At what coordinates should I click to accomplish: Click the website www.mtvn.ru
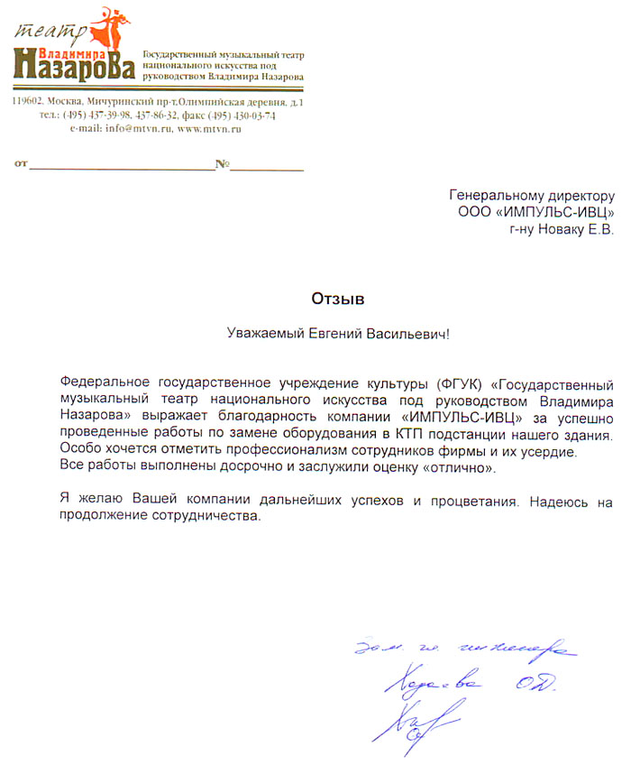point(209,129)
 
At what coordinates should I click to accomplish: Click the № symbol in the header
point(222,166)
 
